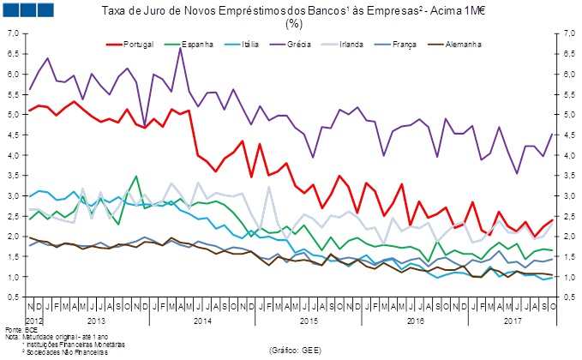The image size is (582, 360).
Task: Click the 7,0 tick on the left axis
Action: [x=13, y=33]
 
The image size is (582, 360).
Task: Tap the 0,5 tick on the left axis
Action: [x=13, y=297]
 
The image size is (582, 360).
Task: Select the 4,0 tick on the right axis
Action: [x=567, y=155]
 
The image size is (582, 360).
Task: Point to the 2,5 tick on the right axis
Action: [x=567, y=216]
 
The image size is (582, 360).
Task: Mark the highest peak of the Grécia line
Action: [x=180, y=48]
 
